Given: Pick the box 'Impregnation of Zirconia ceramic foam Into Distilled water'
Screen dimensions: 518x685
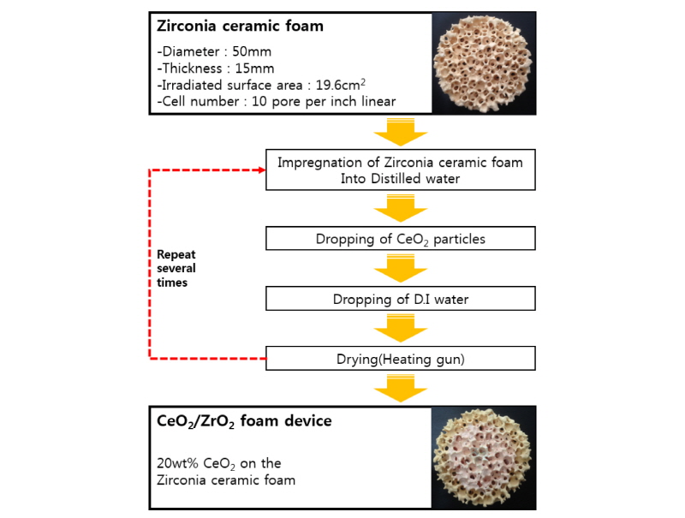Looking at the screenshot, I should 402,170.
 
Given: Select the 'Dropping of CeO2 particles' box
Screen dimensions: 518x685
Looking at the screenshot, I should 402,239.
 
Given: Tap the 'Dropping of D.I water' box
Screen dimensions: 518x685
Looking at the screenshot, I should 402,299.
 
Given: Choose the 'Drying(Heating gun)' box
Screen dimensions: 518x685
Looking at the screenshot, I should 402,359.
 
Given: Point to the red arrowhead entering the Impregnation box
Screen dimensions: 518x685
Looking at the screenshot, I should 259,170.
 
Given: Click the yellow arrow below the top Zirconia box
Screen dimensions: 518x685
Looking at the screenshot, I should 402,132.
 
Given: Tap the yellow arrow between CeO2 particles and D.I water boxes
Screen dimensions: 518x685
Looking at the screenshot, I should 402,269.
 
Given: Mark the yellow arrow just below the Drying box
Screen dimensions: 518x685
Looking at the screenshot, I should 402,389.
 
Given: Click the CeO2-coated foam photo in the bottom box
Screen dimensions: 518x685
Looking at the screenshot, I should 476,459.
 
